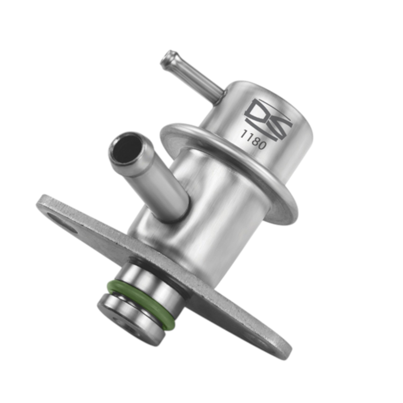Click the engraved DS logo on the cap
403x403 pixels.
(x=267, y=119)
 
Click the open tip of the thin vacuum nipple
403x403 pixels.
(x=167, y=57)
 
